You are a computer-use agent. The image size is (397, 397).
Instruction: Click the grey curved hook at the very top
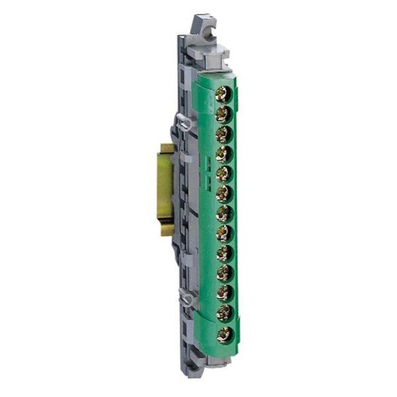click(x=203, y=23)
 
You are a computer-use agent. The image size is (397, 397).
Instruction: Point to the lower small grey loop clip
click(x=184, y=295)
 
